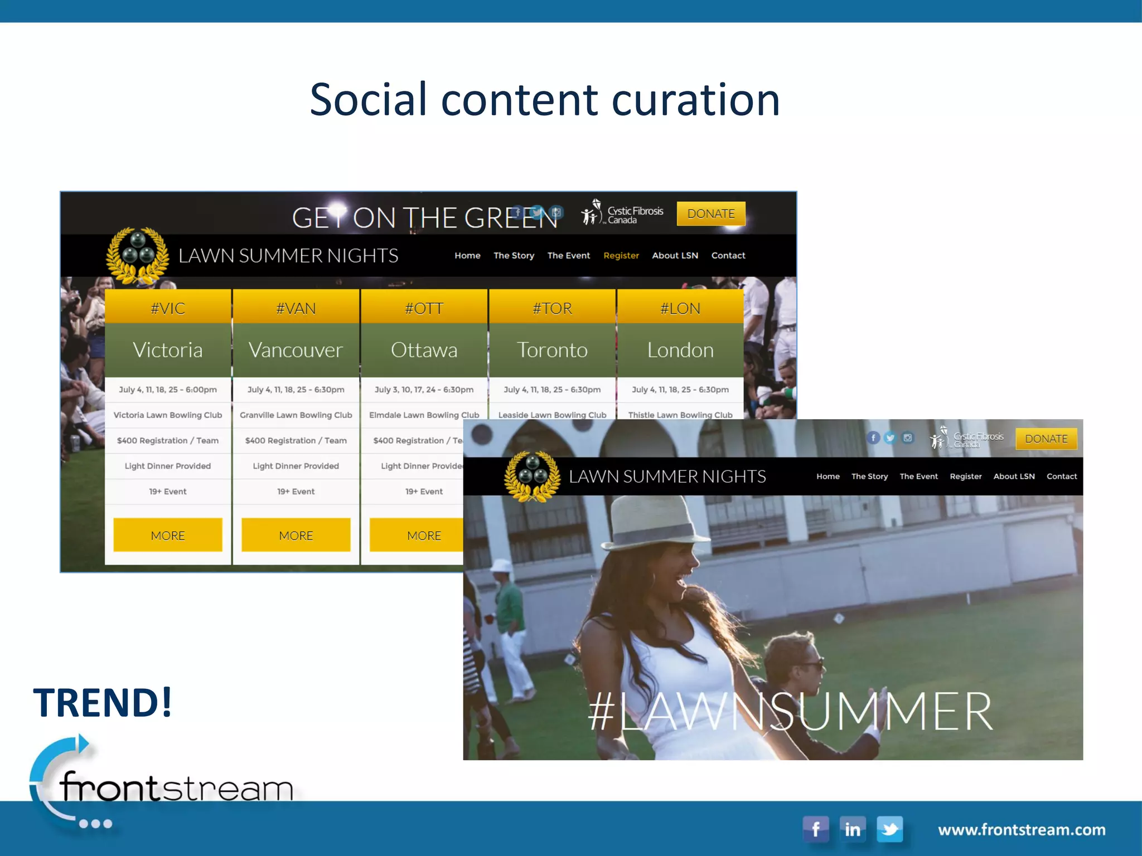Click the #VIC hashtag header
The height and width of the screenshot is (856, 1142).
[168, 308]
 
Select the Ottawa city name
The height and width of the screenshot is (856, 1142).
[424, 350]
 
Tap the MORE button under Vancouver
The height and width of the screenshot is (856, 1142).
[296, 535]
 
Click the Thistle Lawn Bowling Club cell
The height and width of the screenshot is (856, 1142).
[680, 415]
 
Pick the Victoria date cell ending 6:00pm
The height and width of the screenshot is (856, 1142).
[168, 390]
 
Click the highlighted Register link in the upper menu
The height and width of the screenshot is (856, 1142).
[621, 255]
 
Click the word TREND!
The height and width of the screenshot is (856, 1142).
[103, 702]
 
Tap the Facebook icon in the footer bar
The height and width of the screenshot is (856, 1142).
[815, 829]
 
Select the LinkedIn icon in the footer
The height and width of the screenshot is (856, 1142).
[853, 829]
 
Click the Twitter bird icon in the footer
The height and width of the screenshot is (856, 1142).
[890, 829]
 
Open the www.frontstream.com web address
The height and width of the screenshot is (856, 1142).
[1022, 830]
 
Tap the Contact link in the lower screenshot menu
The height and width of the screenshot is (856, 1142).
[1061, 476]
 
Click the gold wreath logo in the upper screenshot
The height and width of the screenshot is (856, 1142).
[137, 255]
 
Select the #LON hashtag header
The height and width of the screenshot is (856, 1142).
[680, 308]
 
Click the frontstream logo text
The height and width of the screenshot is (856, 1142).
[176, 788]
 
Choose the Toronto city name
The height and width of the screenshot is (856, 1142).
[552, 350]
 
